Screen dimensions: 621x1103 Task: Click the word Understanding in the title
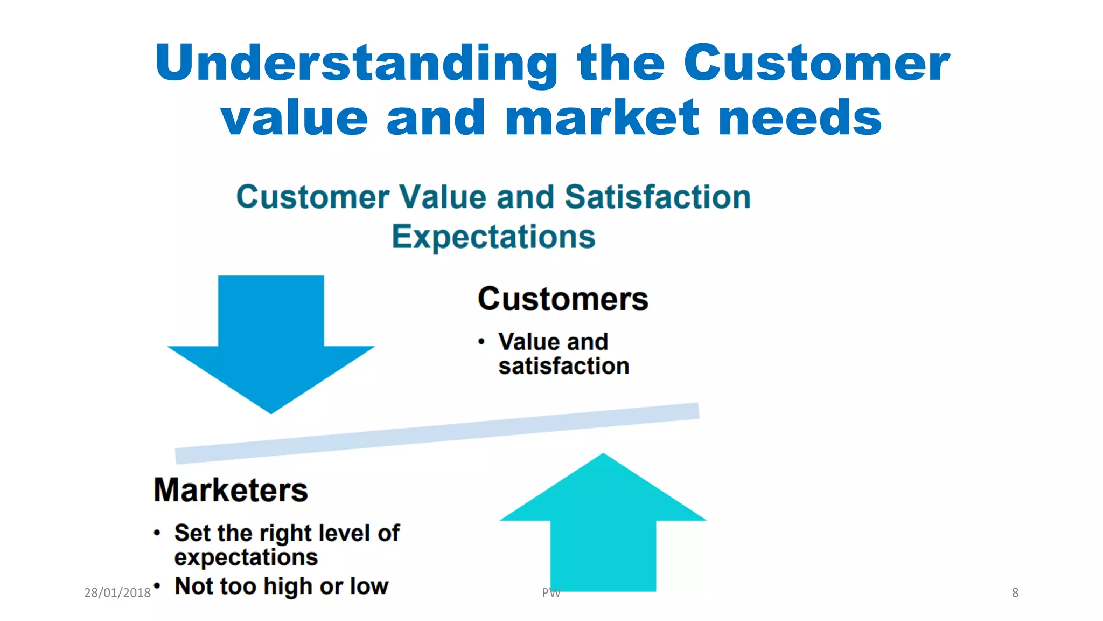[356, 64]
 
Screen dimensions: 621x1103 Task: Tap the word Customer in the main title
[816, 64]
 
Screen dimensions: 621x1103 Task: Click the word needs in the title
[800, 119]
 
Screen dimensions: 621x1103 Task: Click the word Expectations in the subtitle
[493, 237]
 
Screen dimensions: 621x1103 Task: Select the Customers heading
[563, 299]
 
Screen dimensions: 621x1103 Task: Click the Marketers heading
[231, 490]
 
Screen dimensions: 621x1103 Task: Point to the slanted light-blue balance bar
[437, 433]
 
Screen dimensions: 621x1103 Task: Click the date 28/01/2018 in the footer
[117, 593]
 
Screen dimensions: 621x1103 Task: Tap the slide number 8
[1015, 593]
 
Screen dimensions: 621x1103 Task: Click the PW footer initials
[551, 593]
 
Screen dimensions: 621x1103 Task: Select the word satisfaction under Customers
[563, 366]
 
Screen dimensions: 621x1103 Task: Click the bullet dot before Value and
[481, 342]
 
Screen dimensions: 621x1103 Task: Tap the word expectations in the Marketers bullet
[246, 557]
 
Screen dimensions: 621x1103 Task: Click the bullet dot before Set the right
[157, 533]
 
